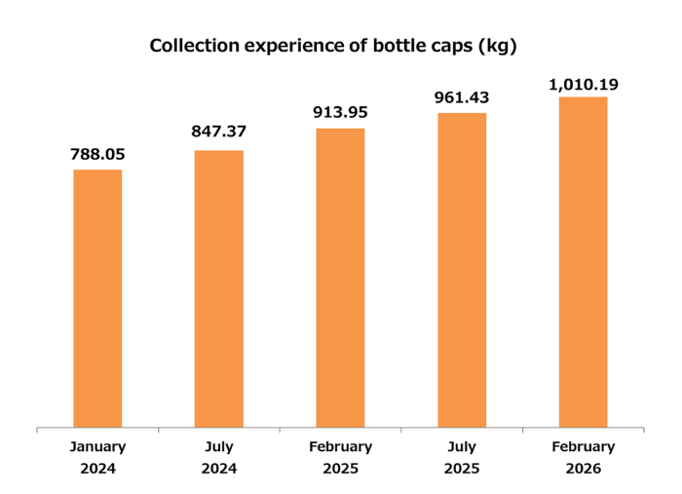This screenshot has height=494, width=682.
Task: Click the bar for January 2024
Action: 97,298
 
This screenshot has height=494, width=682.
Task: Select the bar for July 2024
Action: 219,288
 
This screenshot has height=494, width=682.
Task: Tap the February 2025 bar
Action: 340,278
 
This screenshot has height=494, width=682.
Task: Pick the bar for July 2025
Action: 462,270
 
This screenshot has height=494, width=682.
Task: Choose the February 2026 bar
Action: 583,262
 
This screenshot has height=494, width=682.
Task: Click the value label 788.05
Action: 97,154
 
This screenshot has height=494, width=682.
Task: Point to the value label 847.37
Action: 219,134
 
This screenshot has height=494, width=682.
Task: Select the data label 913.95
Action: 340,113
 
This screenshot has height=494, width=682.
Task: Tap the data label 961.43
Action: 462,97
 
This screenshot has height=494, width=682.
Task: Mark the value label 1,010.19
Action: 583,85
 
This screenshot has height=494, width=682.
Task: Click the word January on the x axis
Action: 97,447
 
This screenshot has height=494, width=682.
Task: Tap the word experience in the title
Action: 289,46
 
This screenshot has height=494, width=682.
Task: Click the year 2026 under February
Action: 583,468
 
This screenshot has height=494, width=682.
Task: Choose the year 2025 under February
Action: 340,468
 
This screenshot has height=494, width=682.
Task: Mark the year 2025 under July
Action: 462,468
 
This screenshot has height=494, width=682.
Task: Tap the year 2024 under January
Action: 97,468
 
